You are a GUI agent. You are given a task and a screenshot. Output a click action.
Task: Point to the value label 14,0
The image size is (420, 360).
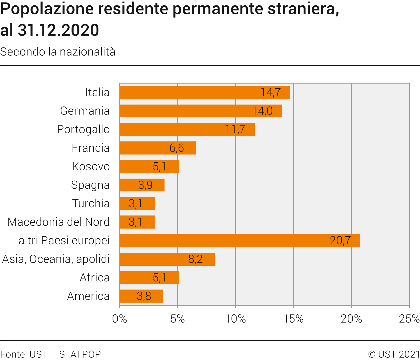pos(262,111)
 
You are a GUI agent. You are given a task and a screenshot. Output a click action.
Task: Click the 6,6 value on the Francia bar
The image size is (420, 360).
pos(177,148)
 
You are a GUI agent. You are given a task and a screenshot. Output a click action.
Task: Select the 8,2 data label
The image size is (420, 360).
pos(195,259)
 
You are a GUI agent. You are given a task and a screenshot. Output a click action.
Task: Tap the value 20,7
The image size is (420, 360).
pos(340,240)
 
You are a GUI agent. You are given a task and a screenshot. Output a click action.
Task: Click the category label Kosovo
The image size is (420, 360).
pos(91,167)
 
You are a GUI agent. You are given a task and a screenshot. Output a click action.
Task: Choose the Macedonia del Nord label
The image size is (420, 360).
pos(58,222)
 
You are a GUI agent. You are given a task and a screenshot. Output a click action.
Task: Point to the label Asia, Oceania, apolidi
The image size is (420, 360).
pos(56,259)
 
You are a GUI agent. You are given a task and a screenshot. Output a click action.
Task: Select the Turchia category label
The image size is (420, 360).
pos(91,203)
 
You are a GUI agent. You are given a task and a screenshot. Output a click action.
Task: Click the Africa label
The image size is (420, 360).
pos(95,277)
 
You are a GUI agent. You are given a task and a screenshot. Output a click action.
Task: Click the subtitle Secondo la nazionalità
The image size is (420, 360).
pos(58,52)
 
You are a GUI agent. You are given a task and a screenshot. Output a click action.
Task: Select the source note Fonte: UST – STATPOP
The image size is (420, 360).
pos(50,354)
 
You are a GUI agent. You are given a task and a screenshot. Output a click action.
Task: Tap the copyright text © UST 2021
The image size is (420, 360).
pos(394,354)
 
